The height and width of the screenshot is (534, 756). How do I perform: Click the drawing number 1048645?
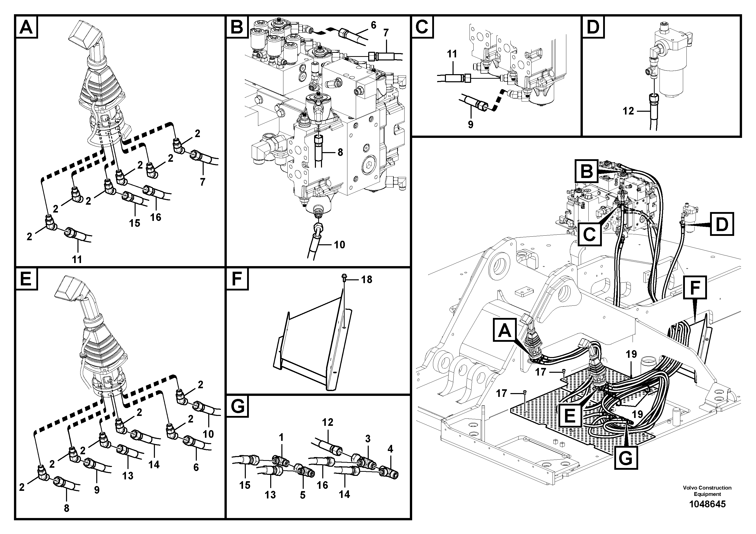(x=707, y=504)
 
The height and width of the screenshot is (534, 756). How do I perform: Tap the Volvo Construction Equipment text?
(x=707, y=491)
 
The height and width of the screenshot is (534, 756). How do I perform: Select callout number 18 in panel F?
(x=366, y=280)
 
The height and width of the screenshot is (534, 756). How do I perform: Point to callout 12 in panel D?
(x=628, y=111)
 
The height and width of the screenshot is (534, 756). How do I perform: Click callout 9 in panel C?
(x=470, y=124)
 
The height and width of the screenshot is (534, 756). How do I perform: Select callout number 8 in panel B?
(x=340, y=152)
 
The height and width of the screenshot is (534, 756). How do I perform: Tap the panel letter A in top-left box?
(x=26, y=27)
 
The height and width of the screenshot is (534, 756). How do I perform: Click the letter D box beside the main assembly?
(x=722, y=224)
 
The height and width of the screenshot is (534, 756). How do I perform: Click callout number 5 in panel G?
(x=303, y=495)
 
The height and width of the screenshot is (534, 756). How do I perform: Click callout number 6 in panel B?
(x=373, y=25)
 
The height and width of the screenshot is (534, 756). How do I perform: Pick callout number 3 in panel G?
(x=368, y=439)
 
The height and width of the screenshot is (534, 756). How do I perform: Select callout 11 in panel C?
(x=452, y=54)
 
